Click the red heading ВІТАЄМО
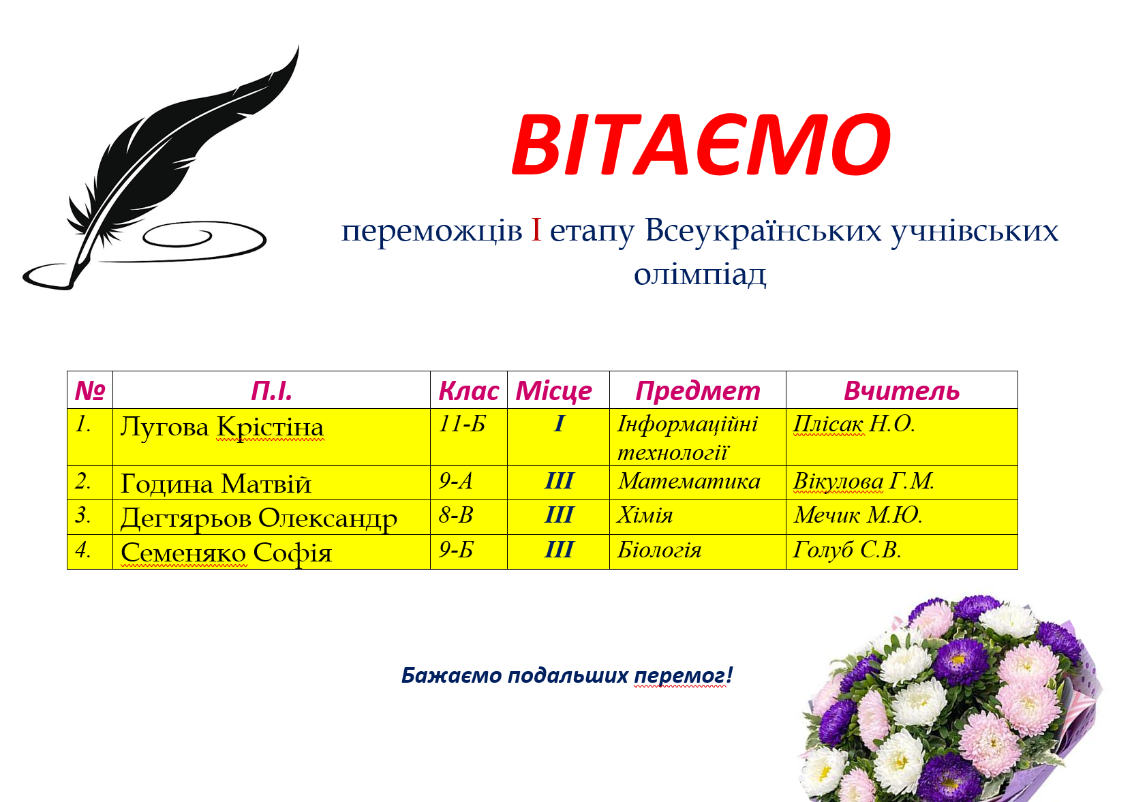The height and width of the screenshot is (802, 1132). [701, 144]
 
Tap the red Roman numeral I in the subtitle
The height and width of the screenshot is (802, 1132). [536, 230]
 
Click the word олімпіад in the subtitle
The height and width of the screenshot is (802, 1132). [700, 274]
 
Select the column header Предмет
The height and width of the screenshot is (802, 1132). [697, 391]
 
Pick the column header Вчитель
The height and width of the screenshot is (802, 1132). [901, 391]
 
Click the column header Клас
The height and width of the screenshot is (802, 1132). [468, 391]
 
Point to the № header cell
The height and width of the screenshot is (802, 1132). [90, 391]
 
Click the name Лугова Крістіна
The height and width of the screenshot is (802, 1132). [221, 427]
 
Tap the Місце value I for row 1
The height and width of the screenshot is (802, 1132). [559, 424]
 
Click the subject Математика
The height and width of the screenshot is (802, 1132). [688, 482]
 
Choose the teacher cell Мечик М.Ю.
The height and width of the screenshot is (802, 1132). [857, 516]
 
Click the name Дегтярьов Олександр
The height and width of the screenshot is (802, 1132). [258, 518]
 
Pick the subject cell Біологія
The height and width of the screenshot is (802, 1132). [659, 551]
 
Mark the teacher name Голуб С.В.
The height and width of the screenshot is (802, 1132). [847, 551]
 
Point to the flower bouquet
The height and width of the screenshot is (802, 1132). [951, 702]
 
